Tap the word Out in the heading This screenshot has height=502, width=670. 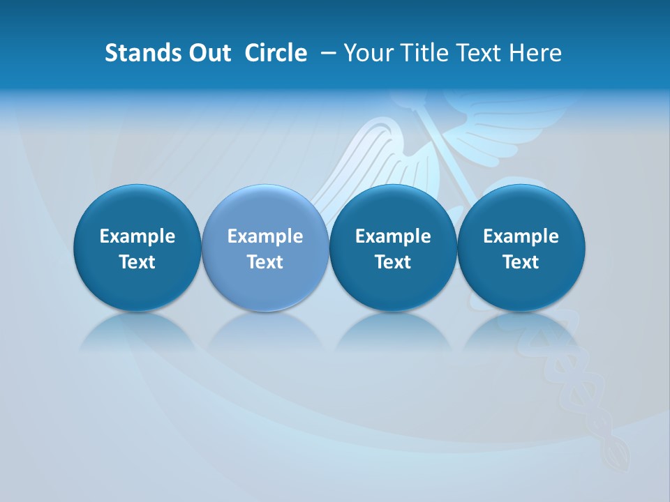coord(207,53)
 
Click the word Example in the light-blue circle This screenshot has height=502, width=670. coord(265,236)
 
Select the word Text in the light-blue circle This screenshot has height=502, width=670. coord(265,262)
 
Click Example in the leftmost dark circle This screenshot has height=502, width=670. coord(137,236)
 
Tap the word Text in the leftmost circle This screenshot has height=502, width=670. coord(137,262)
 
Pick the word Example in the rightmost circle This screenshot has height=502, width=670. coord(521,236)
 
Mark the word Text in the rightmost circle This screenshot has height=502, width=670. coord(521,262)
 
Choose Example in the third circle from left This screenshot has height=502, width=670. coord(394,236)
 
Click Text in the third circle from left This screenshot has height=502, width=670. coord(394,262)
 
